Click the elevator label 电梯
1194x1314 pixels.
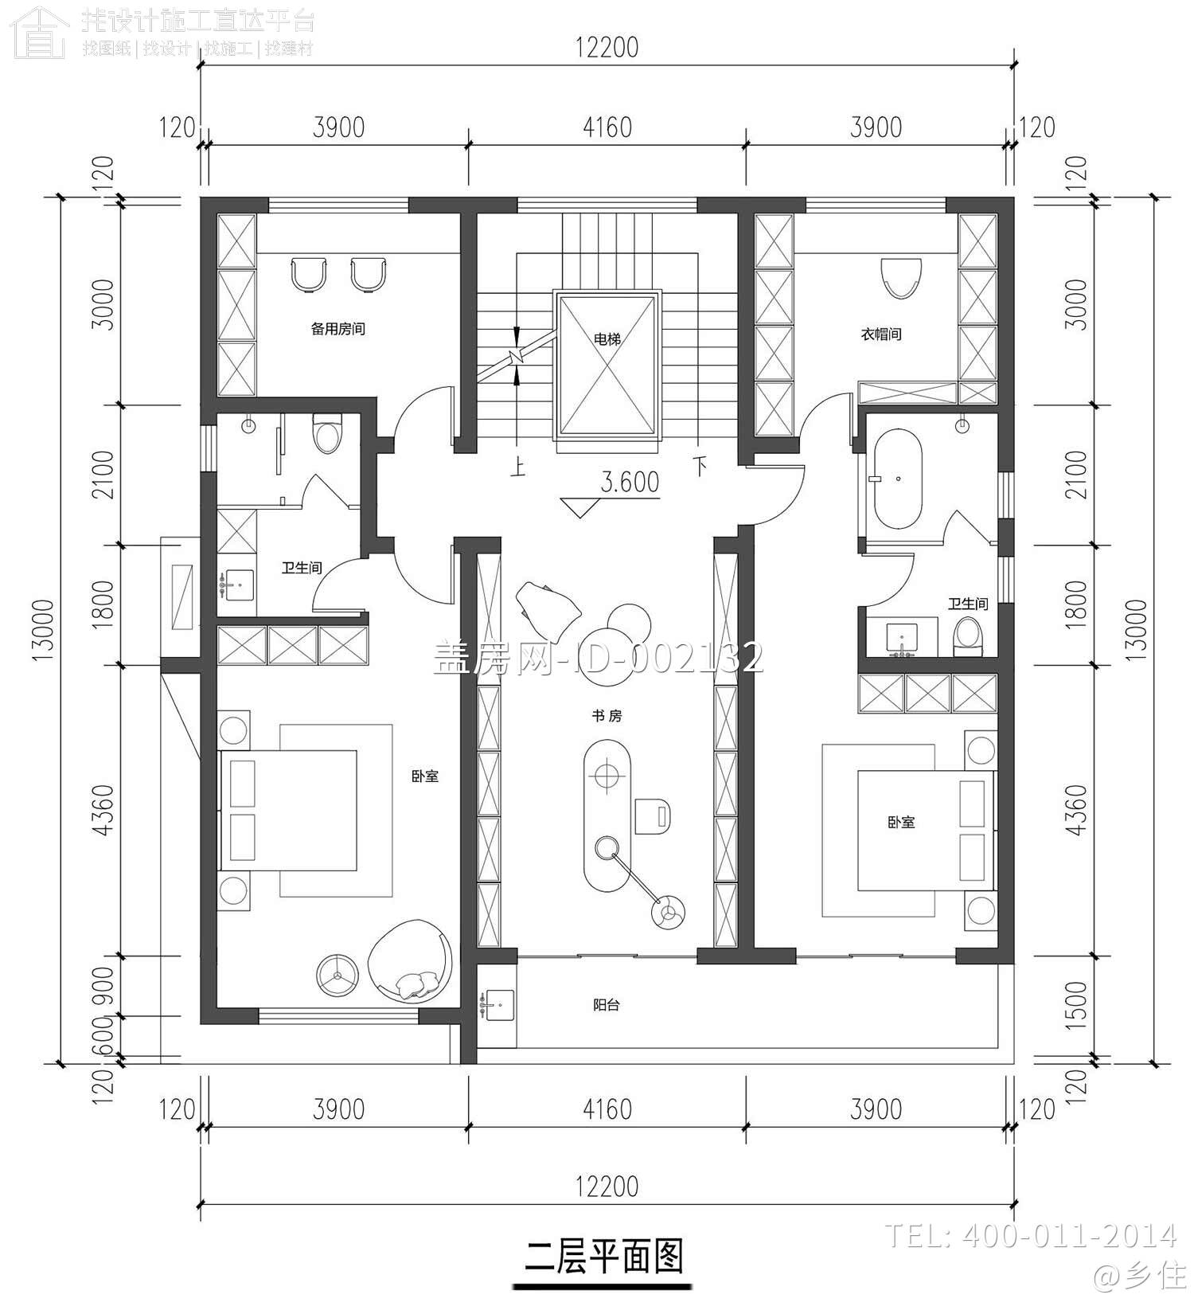pos(607,339)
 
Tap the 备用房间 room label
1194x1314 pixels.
pos(338,328)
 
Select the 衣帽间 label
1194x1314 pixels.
pos(881,334)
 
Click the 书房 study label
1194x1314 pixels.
pos(607,716)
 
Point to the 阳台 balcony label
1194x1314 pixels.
pos(607,1005)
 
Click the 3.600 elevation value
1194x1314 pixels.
pos(630,483)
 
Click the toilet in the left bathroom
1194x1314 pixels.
pos(327,434)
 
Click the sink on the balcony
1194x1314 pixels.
pos(499,1005)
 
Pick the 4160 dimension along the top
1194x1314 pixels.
pos(607,127)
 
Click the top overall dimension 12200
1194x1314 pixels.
pos(607,48)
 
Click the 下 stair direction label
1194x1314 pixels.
pos(700,465)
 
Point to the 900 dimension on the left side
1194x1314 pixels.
pos(103,985)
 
